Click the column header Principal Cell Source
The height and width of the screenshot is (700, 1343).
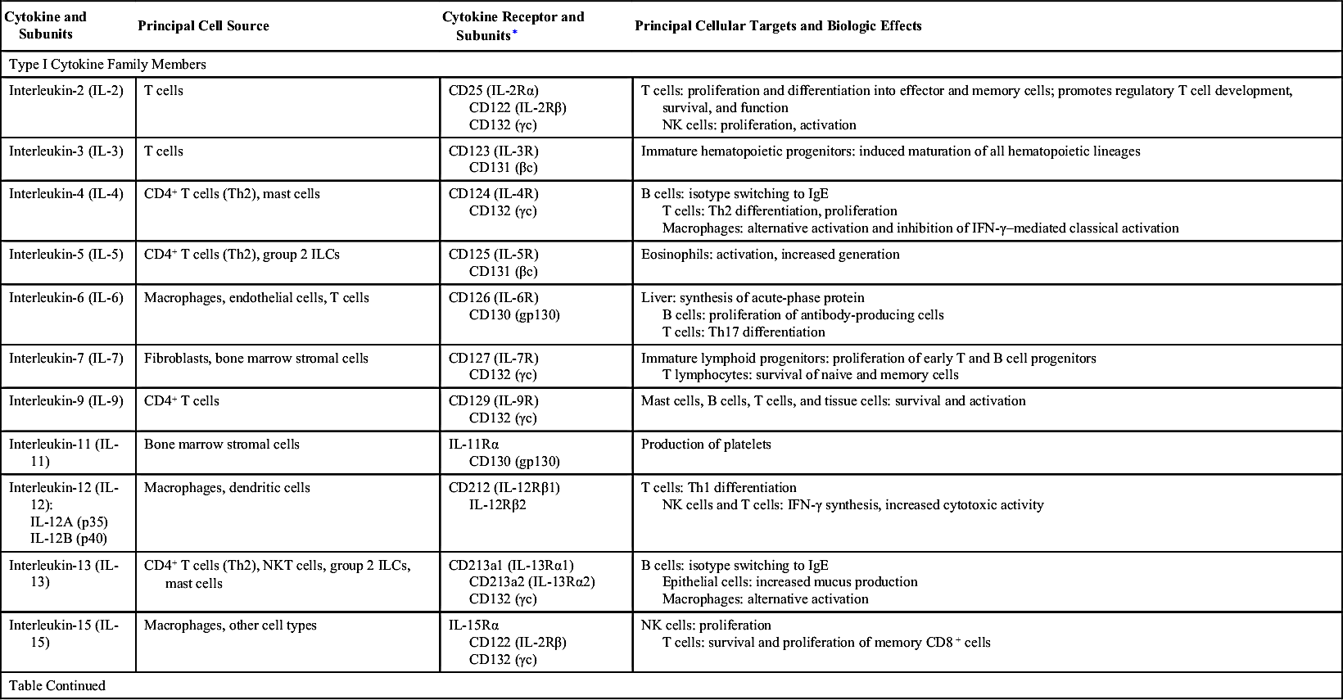click(x=203, y=26)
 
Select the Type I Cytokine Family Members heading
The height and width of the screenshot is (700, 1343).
click(x=107, y=64)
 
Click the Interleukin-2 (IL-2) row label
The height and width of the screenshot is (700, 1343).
click(x=66, y=91)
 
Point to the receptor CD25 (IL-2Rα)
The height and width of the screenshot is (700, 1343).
click(x=494, y=91)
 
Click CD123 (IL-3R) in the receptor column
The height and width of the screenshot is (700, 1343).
click(x=494, y=151)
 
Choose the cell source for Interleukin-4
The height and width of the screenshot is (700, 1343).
click(x=232, y=194)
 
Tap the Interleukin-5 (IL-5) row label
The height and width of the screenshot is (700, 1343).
click(x=66, y=255)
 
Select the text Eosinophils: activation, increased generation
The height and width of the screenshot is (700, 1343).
click(x=770, y=255)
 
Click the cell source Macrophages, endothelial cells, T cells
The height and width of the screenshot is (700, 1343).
click(x=256, y=298)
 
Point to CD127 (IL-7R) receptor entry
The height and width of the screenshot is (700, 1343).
click(x=494, y=359)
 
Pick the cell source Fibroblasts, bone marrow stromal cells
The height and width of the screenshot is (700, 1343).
click(x=256, y=359)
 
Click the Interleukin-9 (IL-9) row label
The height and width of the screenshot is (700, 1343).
click(x=66, y=401)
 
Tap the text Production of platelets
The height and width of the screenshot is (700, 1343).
click(x=706, y=445)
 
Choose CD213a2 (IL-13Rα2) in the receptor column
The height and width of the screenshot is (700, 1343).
click(x=531, y=582)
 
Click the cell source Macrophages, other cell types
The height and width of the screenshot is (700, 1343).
click(x=230, y=625)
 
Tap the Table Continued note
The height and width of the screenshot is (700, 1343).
click(x=57, y=686)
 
